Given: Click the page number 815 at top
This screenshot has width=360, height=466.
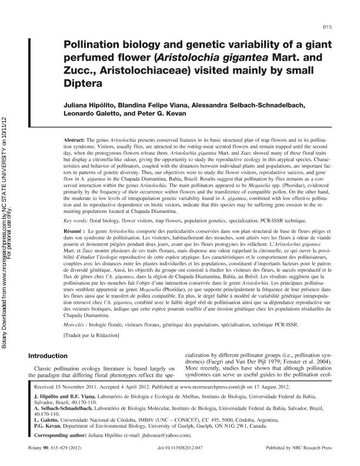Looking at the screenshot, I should click(x=329, y=28).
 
